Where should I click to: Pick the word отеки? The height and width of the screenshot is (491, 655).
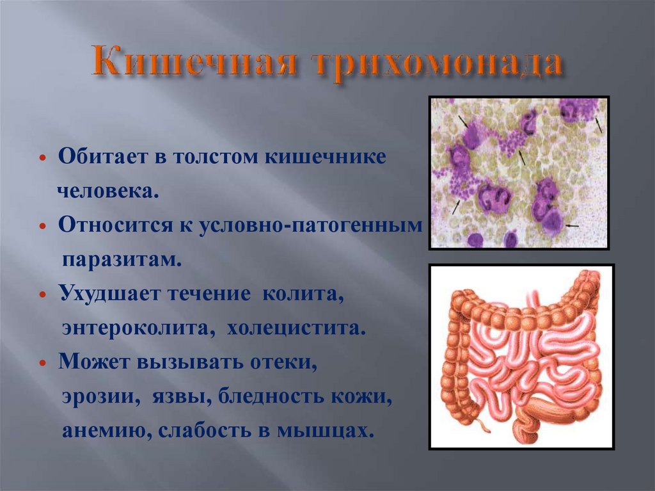287,363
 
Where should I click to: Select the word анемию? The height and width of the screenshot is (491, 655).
100,431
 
